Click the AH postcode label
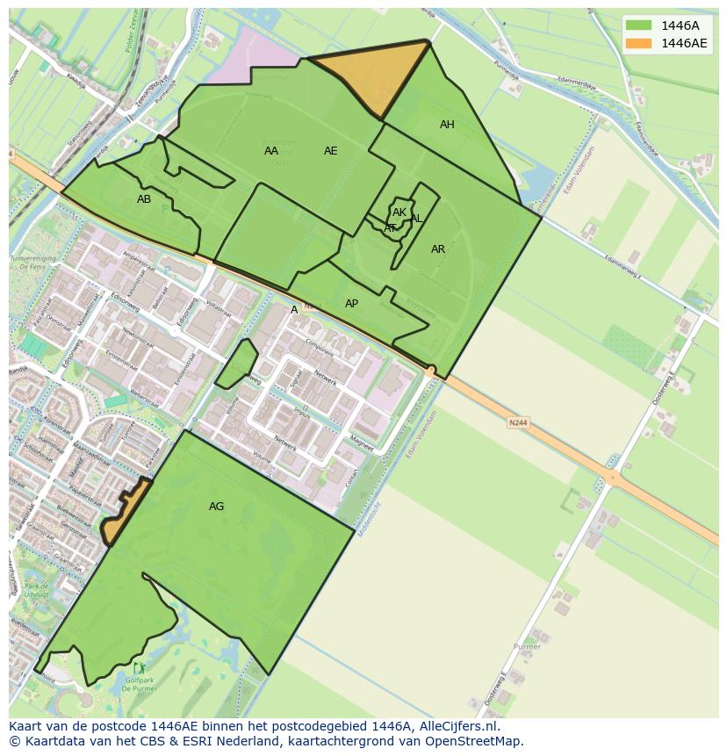(x=447, y=125)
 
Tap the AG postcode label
(x=216, y=507)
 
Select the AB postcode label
(x=144, y=199)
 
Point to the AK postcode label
(x=399, y=212)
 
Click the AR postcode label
(x=438, y=249)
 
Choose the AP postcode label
(x=351, y=304)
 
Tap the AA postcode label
(x=271, y=151)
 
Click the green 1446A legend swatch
(x=638, y=25)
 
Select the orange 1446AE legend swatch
(x=638, y=43)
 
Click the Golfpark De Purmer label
(x=139, y=685)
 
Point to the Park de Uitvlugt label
(x=36, y=590)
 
